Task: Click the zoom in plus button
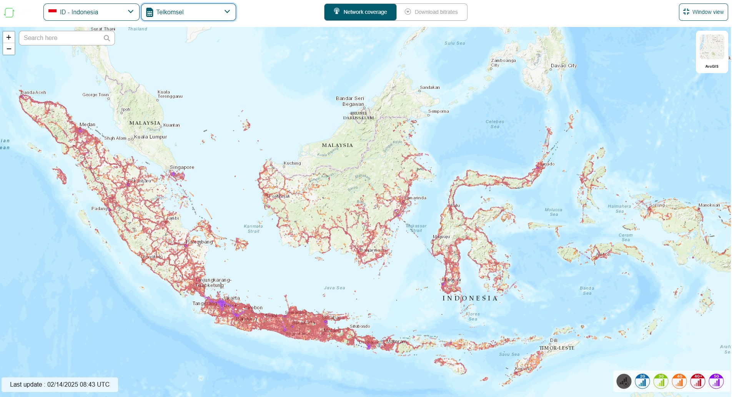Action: coord(9,37)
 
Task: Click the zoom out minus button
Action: coord(9,49)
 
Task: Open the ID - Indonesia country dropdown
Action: coord(91,12)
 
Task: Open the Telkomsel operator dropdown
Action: coord(188,12)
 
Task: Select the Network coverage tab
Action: coord(360,12)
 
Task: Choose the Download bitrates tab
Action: coord(431,12)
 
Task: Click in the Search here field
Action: coord(62,38)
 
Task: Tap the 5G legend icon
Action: coord(716,381)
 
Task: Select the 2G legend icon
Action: coord(642,381)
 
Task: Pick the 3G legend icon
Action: coord(660,381)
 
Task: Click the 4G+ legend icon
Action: coord(697,381)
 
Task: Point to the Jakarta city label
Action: coord(231,298)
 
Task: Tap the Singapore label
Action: coord(182,167)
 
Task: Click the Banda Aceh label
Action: coord(33,92)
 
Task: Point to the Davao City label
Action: coord(564,66)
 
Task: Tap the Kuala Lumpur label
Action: coord(150,137)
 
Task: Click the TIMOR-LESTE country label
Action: coord(556,348)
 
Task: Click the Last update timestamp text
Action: coord(60,384)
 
